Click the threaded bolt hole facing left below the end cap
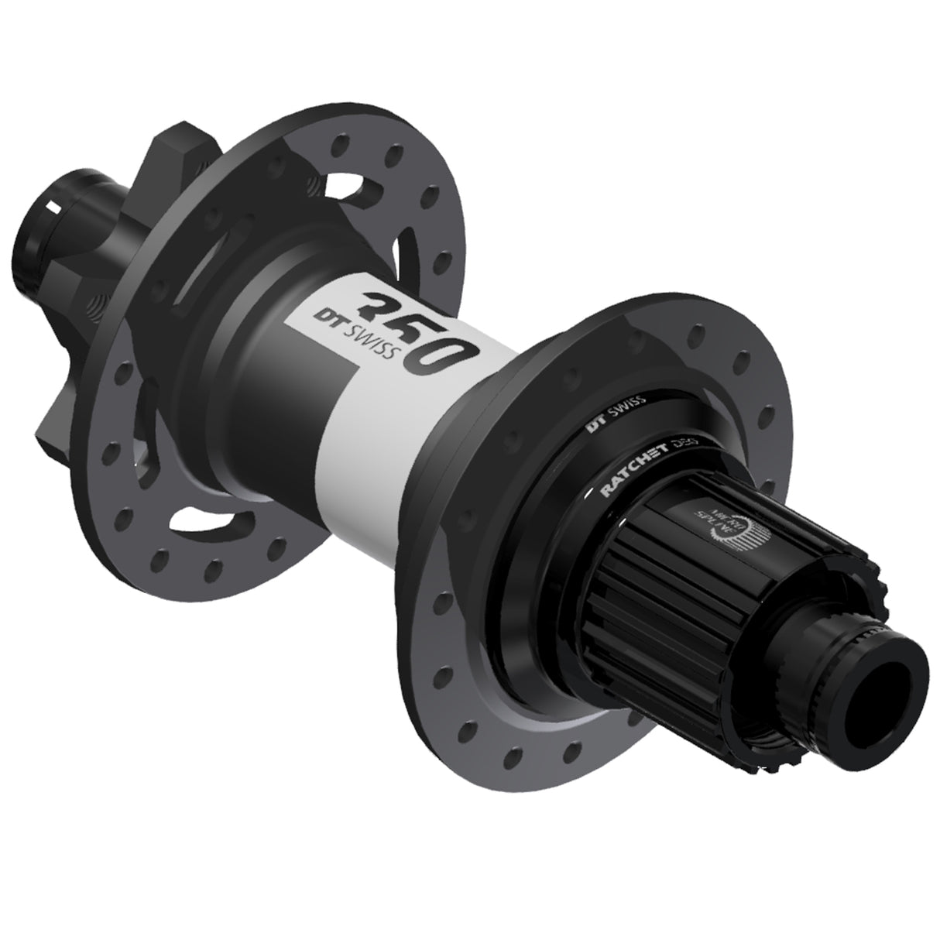(97, 300)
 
